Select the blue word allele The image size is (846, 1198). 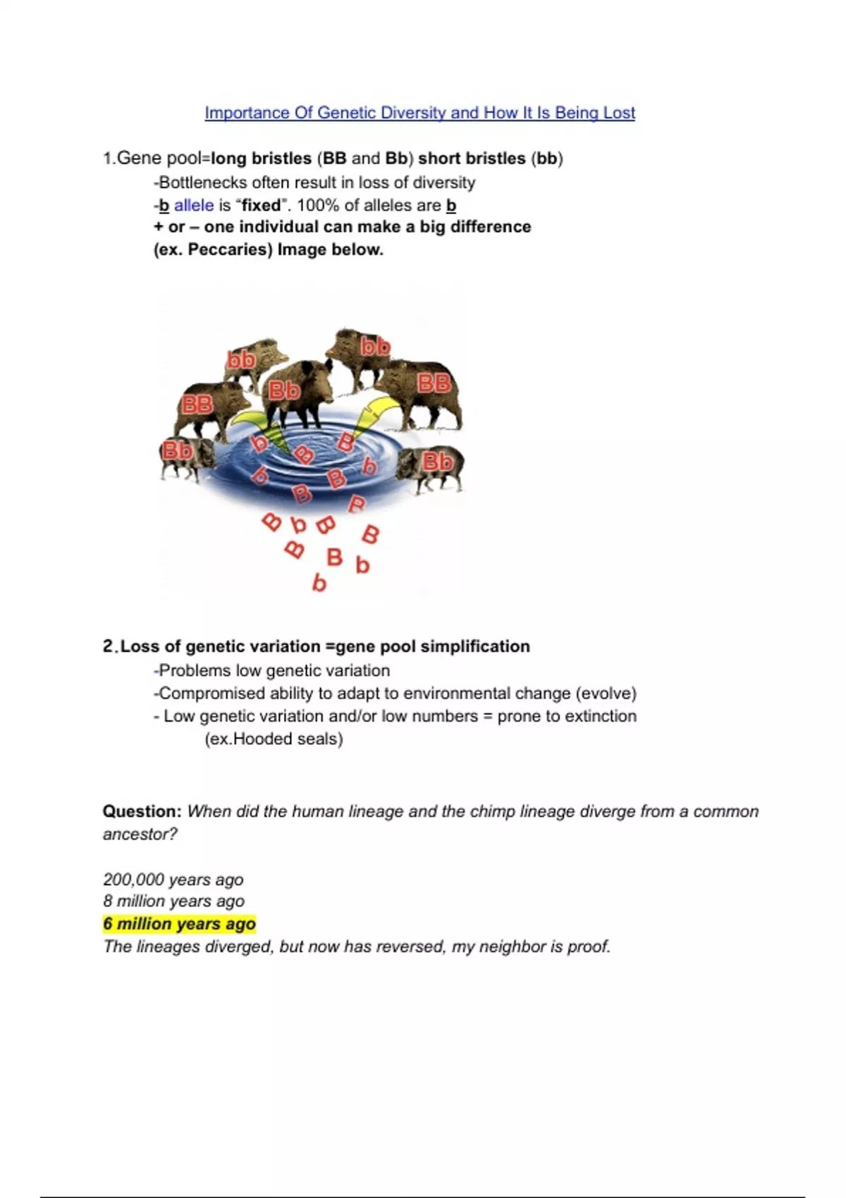194,205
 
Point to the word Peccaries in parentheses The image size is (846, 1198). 229,249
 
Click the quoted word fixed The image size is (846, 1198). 262,205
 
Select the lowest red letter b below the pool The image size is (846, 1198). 319,583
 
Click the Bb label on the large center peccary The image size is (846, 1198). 284,390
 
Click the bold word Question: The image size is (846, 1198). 142,811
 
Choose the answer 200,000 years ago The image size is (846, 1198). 173,879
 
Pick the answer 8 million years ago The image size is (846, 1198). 173,901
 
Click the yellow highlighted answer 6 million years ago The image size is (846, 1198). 179,924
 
